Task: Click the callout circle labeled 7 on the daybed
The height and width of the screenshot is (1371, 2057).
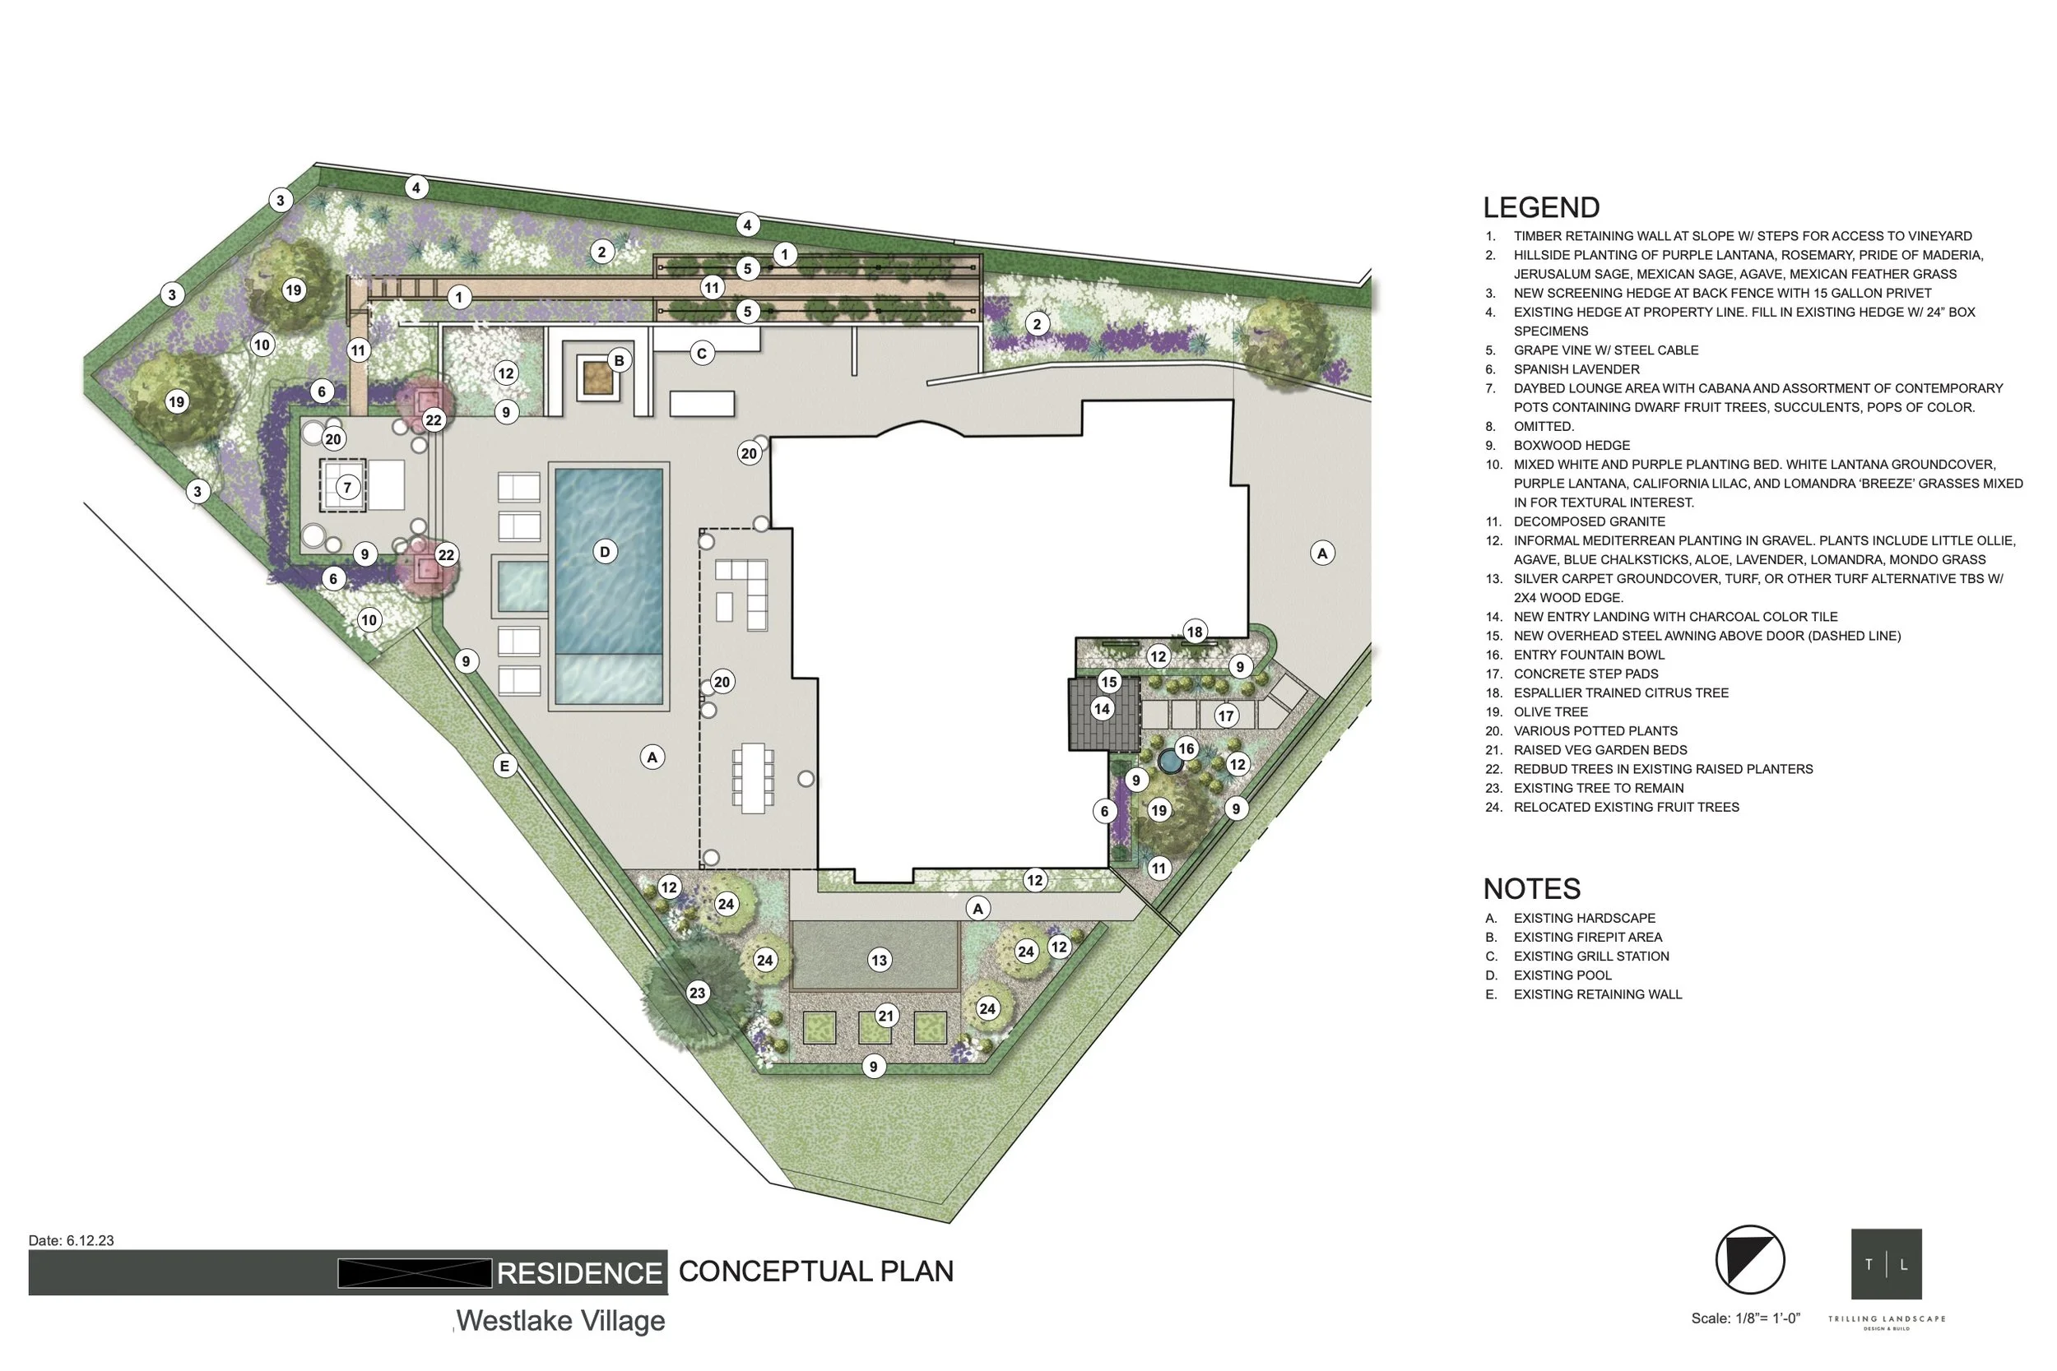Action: [348, 487]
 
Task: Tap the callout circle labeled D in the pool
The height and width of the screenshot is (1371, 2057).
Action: [604, 552]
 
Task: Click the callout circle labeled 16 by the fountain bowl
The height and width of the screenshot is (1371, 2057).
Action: [1186, 748]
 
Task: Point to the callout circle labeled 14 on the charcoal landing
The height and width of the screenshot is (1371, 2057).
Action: [1102, 709]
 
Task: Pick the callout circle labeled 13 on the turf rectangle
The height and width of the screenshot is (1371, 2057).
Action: [879, 960]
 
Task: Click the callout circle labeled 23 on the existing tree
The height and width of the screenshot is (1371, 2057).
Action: [697, 993]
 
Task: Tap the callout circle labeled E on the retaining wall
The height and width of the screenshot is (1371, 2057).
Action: [504, 766]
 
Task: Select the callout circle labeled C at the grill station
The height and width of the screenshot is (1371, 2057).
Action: [701, 354]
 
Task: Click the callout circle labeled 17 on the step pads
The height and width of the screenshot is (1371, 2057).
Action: [1226, 716]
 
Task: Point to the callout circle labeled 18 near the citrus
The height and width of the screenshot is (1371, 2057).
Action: [1195, 632]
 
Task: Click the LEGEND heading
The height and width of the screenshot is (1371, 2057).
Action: [1541, 207]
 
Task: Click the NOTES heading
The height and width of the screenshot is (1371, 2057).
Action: [1531, 888]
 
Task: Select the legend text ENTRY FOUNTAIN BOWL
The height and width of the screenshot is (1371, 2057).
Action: [1588, 655]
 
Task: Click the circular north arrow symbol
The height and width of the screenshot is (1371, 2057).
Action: [1749, 1260]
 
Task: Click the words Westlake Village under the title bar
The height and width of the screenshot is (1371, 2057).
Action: [560, 1320]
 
